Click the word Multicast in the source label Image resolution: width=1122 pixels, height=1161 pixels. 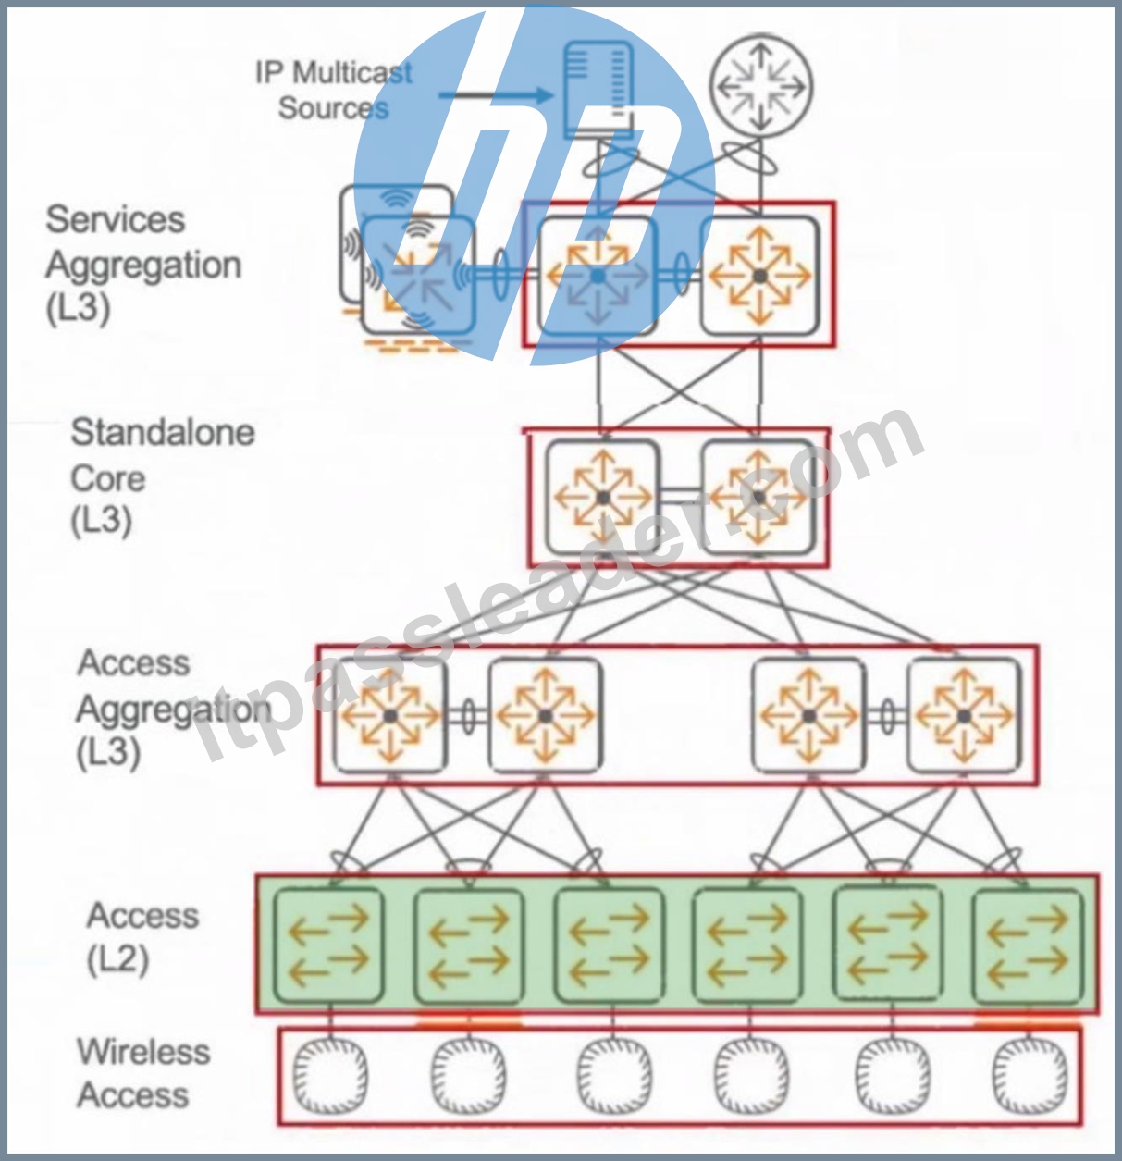point(351,73)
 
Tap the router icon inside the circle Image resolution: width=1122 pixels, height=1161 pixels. point(760,87)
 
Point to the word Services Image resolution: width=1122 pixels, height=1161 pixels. point(115,219)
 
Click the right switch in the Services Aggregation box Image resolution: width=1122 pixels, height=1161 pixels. point(759,276)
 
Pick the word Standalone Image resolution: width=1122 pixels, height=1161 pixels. point(163,432)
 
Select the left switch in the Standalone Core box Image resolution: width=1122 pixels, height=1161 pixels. point(603,497)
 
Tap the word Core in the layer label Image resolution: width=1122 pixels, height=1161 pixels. point(108,479)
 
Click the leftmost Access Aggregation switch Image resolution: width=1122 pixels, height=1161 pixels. point(389,715)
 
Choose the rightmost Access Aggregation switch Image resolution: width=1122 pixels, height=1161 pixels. point(964,715)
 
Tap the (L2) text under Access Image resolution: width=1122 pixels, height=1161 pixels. point(117,960)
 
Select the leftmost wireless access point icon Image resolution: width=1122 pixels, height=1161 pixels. point(329,1076)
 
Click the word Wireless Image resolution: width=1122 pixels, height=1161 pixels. point(143,1052)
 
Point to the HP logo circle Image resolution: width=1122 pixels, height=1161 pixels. point(534,185)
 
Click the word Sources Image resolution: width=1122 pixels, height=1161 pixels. point(333,108)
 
